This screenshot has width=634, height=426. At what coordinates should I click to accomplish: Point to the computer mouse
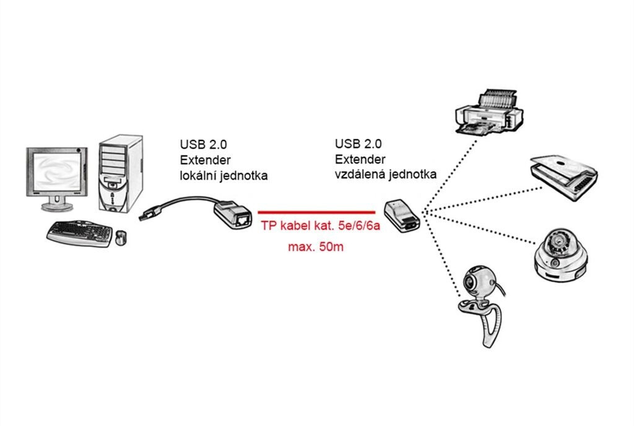pyautogui.click(x=121, y=237)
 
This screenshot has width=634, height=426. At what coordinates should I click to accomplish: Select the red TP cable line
pyautogui.click(x=316, y=211)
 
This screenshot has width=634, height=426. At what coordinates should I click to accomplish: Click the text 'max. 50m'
pyautogui.click(x=316, y=248)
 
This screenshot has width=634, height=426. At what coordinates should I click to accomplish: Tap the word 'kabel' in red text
pyautogui.click(x=294, y=228)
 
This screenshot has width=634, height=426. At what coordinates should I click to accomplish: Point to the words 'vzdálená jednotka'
pyautogui.click(x=385, y=175)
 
